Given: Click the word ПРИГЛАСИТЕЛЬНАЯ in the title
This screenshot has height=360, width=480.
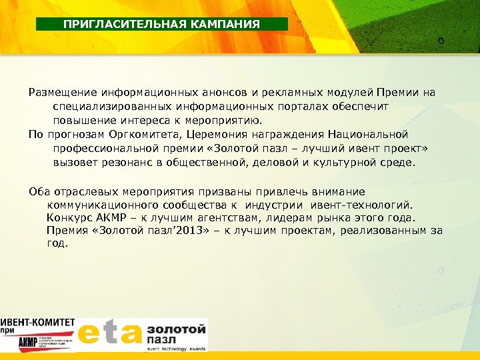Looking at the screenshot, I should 114,24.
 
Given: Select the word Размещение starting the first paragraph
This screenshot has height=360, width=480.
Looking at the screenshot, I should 61,93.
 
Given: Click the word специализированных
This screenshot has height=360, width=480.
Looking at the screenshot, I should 105,107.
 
